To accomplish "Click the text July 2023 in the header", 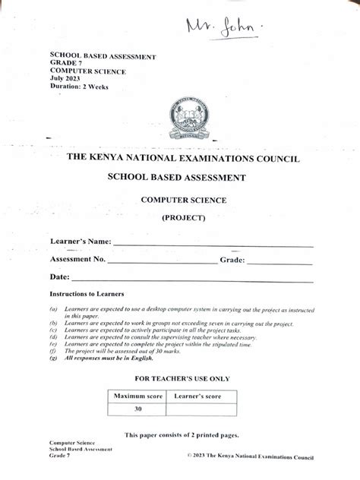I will [68, 78].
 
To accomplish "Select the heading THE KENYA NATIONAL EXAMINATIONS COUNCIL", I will [183, 159].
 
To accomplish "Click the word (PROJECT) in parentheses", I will [183, 218].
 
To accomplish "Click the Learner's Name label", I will [81, 242].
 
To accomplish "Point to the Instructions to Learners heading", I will [87, 293].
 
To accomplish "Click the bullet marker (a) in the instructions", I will [54, 310].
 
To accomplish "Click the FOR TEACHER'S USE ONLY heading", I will [182, 378].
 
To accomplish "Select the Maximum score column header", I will [137, 396].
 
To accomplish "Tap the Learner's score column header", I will [201, 396].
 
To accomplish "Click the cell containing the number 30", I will [137, 409].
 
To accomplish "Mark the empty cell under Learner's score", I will [201, 409].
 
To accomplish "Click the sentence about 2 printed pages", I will [182, 434].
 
